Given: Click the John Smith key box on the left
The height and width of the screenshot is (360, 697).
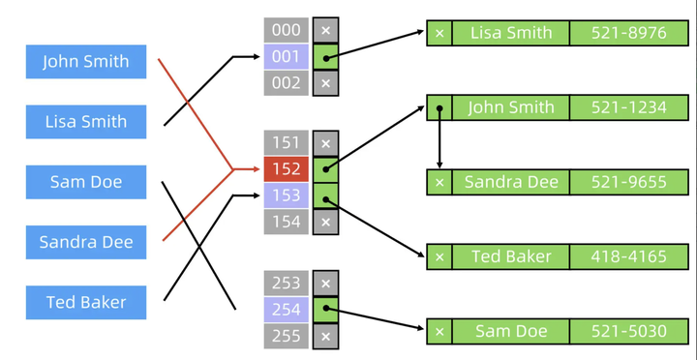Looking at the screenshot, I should (86, 61).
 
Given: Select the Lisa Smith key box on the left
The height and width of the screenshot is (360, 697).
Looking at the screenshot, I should (86, 122).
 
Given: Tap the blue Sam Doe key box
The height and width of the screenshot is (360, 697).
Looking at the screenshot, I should (86, 182).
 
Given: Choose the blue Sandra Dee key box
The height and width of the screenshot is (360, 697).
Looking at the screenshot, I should (86, 242).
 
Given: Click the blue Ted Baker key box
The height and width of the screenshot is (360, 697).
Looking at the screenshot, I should (86, 302).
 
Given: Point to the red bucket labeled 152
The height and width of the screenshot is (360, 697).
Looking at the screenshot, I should (286, 169).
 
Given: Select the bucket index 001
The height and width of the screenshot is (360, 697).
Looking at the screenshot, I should (286, 57).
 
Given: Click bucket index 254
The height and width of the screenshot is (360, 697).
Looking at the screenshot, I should (286, 310).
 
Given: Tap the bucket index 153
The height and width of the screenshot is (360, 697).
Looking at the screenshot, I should (286, 195).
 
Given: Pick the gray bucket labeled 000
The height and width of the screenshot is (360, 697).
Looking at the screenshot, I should (286, 30).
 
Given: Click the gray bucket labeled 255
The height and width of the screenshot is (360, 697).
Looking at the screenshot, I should (286, 336).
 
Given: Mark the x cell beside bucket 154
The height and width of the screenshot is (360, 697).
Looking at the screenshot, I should (325, 222).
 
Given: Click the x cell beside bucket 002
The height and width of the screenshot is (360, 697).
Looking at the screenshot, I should (325, 83).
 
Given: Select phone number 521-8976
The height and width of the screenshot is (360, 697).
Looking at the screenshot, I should (628, 33).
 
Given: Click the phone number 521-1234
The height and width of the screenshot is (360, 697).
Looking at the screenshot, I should (628, 107).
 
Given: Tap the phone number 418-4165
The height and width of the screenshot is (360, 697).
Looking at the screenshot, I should (628, 256).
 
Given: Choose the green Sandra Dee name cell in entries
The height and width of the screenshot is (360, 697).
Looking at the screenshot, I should (510, 182).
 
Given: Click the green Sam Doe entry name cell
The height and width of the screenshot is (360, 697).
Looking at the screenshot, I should (510, 331).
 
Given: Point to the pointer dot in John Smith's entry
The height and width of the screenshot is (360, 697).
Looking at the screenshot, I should (439, 107).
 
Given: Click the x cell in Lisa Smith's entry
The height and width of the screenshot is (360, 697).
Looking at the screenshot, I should (439, 33).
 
